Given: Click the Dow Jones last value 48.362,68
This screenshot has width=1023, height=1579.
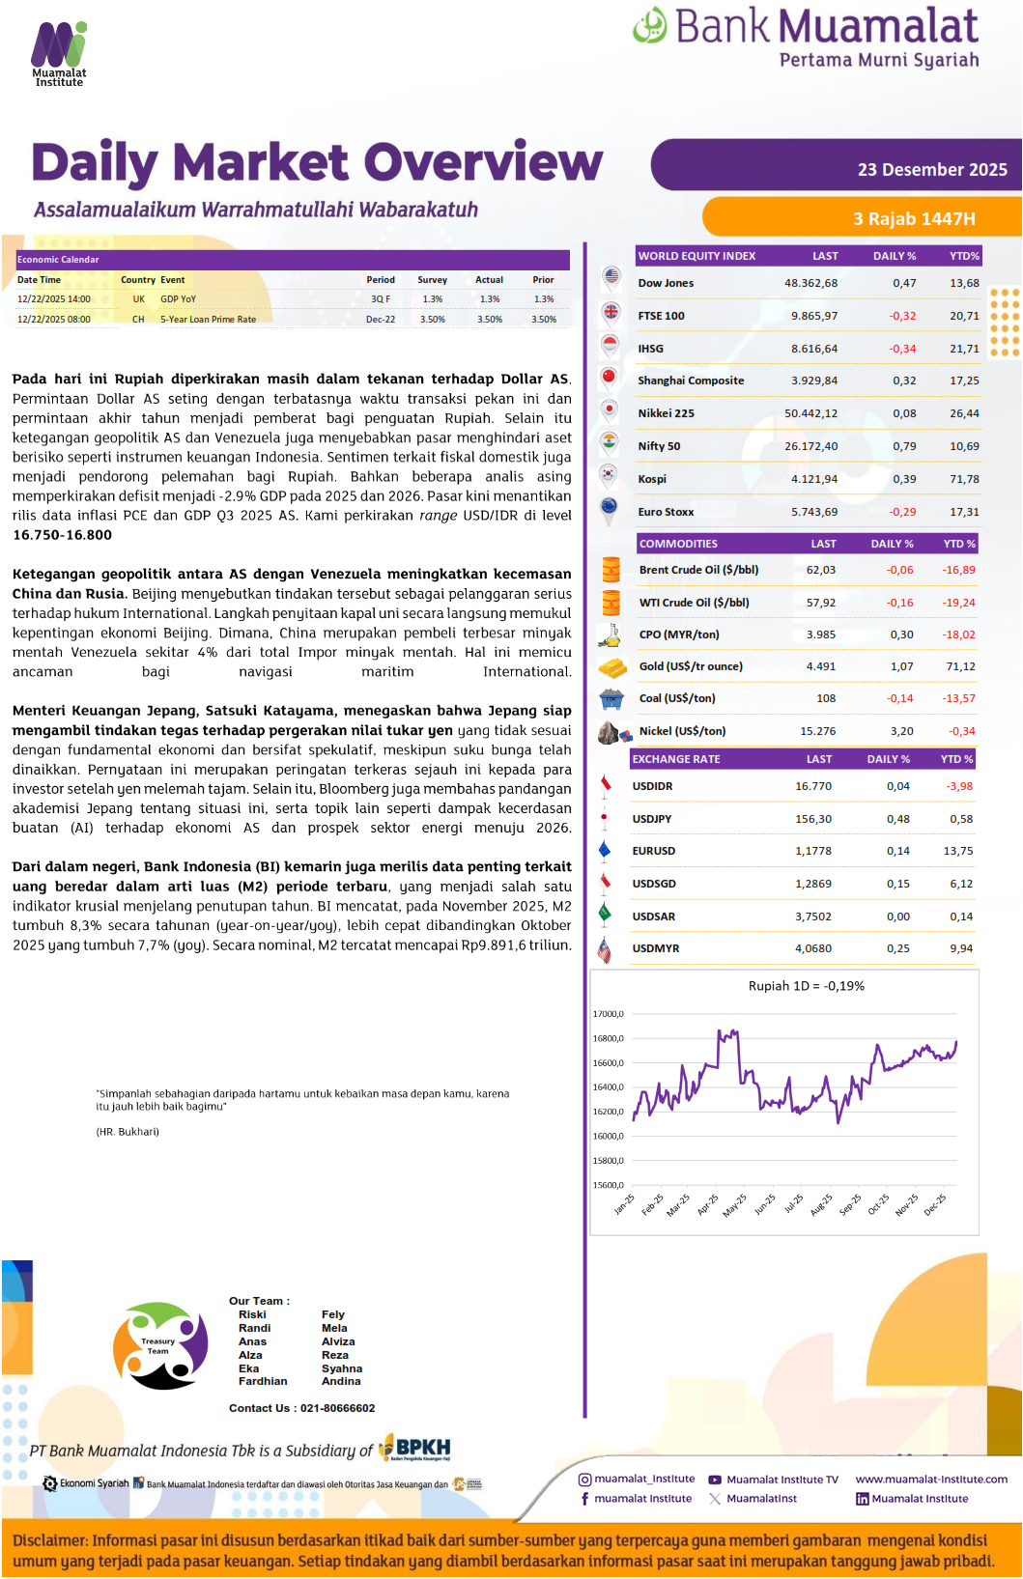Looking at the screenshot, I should point(810,283).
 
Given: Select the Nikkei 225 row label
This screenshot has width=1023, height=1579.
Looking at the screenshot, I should point(666,413).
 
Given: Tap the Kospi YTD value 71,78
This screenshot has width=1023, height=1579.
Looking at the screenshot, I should point(963,479).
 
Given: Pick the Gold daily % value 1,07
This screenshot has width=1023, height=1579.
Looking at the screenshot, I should point(901,666).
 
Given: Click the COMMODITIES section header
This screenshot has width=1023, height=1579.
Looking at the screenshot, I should point(678,544).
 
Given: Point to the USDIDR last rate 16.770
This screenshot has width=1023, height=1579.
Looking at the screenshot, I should point(812,786).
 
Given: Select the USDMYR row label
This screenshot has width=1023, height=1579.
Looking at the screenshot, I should point(655,948).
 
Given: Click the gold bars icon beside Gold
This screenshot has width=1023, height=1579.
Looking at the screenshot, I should point(611,667).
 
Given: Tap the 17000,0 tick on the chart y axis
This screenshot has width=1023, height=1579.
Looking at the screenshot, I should point(608,1014).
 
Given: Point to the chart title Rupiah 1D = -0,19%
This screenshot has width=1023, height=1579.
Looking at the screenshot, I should point(806,986).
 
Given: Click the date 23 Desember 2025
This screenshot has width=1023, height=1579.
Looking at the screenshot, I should point(931,170).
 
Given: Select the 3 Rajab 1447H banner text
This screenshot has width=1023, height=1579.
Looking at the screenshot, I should point(913,219).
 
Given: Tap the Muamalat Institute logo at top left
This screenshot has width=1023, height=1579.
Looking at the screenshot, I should point(59,54).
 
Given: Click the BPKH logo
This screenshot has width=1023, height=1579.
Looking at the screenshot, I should point(415,1448).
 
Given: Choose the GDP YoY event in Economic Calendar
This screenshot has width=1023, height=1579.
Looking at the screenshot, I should point(178,299).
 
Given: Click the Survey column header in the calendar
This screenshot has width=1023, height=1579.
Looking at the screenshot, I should point(432,280).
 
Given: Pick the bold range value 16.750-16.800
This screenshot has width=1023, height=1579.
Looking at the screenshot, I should point(62,535).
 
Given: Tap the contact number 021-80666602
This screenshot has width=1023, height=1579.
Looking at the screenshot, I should point(337,1408).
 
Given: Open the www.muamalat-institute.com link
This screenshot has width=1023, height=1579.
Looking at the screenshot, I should point(930,1479).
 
